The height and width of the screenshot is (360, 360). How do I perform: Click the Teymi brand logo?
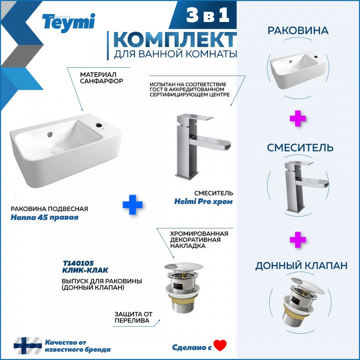pos(68,23)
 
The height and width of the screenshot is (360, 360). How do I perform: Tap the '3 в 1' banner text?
pos(208,15)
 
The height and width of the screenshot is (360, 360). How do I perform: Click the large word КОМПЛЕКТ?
pos(175,40)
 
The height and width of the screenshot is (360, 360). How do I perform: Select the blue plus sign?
pos(132,205)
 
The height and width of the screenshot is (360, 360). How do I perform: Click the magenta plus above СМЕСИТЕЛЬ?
pos(298,118)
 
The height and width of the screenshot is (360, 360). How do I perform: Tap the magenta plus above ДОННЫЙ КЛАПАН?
pos(298,240)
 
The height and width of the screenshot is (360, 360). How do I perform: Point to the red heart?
pos(220,346)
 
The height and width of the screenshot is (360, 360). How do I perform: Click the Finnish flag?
pos(28,346)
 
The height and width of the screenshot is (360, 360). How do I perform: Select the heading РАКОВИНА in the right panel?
pos(298,31)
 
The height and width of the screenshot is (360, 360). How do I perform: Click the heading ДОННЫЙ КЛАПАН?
pos(301,266)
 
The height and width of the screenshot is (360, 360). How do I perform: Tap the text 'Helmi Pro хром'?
pos(203,202)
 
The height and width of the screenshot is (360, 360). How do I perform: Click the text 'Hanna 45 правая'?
pos(44,217)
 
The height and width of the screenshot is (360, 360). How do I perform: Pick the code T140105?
pos(78,263)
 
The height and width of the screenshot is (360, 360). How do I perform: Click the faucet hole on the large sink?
pos(99,125)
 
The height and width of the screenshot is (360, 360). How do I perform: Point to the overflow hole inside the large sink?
pos(50,134)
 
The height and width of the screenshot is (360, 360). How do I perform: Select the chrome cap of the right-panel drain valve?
pos(308,286)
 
